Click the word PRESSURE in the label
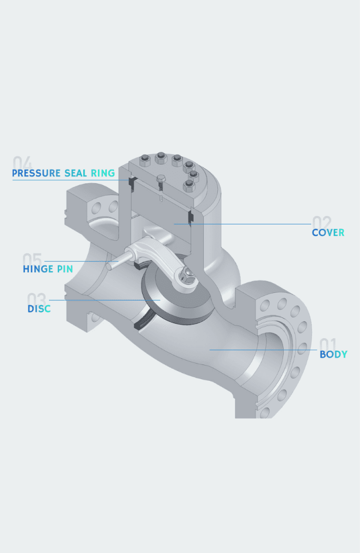36,173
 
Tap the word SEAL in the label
76,173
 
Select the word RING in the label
103,173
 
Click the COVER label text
328,233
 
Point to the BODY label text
334,354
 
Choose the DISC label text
39,309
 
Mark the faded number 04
22,163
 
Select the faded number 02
322,223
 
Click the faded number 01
327,344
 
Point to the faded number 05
32,259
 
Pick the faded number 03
37,299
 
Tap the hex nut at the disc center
187,276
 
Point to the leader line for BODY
263,350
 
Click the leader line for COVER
243,224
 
